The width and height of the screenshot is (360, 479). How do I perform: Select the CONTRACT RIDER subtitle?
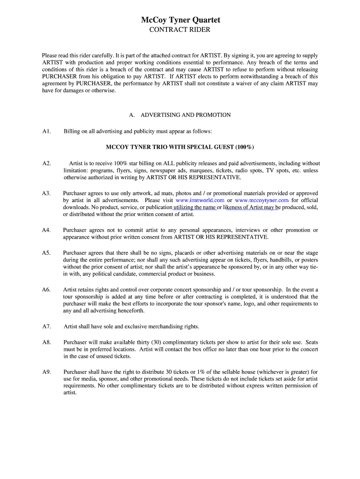[180, 30]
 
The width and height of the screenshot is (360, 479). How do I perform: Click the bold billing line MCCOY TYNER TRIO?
[180, 147]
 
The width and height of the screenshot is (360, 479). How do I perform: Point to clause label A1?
[46, 131]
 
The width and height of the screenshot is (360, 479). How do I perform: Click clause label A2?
[46, 163]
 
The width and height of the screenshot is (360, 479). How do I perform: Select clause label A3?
[46, 193]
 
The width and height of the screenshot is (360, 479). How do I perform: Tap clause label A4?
[46, 230]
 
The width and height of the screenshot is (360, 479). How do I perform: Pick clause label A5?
[46, 253]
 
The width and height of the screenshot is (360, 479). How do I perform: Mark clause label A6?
[46, 290]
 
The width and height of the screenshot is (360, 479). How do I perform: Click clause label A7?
[46, 327]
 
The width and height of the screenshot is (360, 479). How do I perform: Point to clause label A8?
[46, 342]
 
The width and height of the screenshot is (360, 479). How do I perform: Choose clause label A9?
[46, 372]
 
